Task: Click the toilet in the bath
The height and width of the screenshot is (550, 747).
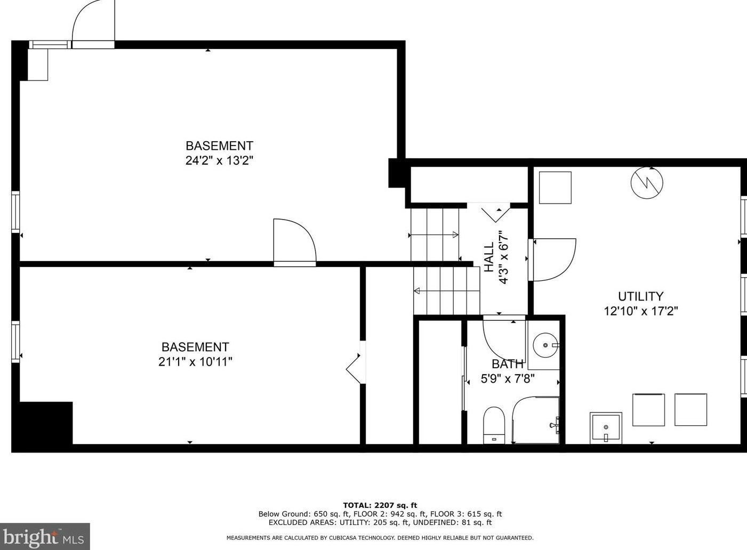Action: tap(494, 425)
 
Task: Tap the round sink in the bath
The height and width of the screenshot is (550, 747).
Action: tap(545, 345)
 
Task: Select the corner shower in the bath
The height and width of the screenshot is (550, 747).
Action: tap(535, 420)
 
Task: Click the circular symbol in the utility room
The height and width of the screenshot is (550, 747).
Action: tap(647, 183)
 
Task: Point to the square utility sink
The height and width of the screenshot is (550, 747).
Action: tap(606, 428)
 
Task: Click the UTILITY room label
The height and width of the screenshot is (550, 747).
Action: tap(640, 296)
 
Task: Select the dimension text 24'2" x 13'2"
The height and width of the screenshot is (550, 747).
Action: tap(219, 161)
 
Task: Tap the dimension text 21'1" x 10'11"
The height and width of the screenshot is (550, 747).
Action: tap(195, 362)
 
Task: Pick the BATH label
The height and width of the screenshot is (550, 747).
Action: tap(507, 364)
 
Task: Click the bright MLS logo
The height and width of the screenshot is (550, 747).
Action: tap(45, 537)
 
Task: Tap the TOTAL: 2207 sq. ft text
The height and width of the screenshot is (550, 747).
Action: tap(380, 506)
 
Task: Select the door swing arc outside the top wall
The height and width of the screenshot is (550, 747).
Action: tap(93, 21)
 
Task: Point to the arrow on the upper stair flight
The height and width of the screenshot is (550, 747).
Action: tap(433, 235)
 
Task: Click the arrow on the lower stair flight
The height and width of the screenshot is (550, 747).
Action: tap(447, 291)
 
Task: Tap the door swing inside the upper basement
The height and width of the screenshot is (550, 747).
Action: tap(295, 240)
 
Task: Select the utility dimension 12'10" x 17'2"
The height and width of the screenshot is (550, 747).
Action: tap(641, 311)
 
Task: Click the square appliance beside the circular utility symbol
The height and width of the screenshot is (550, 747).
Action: tap(555, 188)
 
